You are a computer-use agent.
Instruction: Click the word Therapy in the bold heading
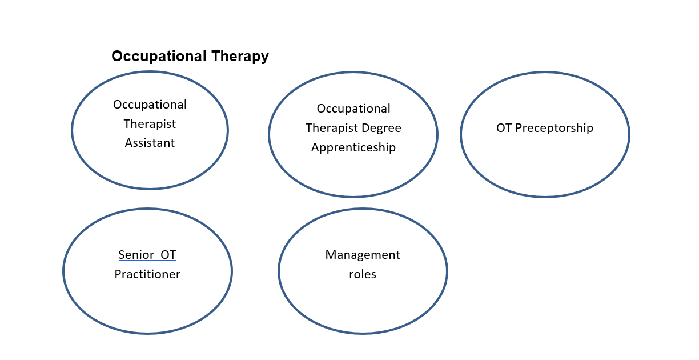240,57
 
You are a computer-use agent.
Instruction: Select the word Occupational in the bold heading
159,57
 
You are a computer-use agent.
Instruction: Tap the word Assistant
150,143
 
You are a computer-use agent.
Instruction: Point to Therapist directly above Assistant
150,124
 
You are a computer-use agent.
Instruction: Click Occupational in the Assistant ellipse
150,105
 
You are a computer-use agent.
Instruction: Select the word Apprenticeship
353,147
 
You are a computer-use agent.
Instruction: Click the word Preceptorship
554,128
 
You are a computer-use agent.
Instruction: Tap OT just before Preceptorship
504,128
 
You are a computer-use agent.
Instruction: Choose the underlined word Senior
136,255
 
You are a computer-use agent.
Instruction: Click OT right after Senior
168,255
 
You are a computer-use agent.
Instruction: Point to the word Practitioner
147,274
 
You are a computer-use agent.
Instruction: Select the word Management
362,255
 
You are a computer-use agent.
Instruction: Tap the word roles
362,274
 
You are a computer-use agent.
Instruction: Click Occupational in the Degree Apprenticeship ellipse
353,109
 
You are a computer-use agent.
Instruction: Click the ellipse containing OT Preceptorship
461,134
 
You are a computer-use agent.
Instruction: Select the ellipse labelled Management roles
279,271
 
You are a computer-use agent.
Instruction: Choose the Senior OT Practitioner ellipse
63,271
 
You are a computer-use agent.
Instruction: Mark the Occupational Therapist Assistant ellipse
72,130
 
